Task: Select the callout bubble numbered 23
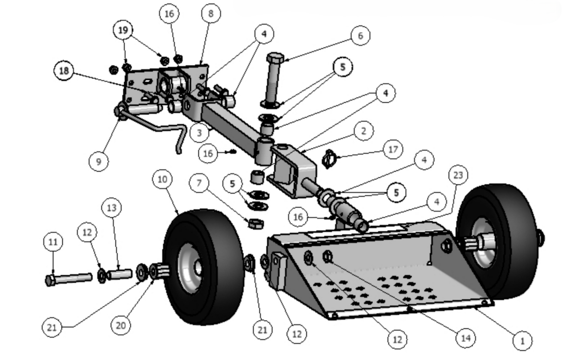coord(458,175)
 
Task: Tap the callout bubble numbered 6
coord(360,36)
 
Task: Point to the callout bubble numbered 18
coord(64,71)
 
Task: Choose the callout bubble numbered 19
coord(123,30)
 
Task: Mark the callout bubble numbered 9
coord(99,161)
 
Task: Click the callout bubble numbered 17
coord(393,149)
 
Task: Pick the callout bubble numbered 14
coord(465,338)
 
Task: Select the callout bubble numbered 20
coord(120,325)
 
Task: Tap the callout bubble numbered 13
coord(111,208)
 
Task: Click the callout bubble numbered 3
coord(199,133)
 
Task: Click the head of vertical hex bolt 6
coord(275,58)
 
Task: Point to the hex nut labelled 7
coord(255,223)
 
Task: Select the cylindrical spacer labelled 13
coord(119,274)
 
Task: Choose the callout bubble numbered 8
coord(211,14)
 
